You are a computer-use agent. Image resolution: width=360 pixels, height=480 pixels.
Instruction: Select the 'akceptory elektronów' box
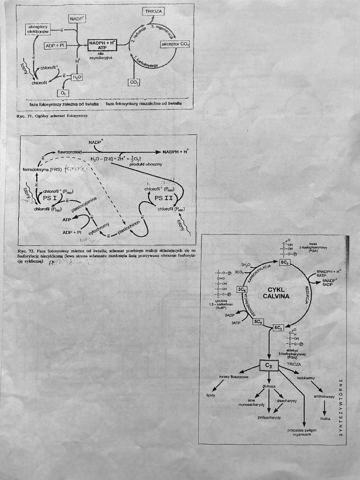tap(38, 29)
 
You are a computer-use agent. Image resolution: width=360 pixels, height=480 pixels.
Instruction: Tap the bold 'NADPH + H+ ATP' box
tap(102, 45)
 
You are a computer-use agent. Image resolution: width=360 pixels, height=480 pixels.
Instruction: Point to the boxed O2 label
tap(62, 93)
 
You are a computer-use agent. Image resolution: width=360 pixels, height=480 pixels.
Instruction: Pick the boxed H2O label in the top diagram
tap(77, 77)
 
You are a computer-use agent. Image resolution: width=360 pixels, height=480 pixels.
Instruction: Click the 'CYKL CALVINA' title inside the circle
tap(276, 293)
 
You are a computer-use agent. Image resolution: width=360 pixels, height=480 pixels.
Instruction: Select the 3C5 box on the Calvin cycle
tap(242, 290)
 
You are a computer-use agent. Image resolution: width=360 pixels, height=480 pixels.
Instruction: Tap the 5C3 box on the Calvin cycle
tap(258, 321)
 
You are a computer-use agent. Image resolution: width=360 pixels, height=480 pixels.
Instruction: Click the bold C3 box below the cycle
tap(269, 365)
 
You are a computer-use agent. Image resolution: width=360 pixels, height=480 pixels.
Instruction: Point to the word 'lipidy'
tap(210, 395)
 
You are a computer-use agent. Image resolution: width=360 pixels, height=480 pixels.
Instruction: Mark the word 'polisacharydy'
tap(269, 417)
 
